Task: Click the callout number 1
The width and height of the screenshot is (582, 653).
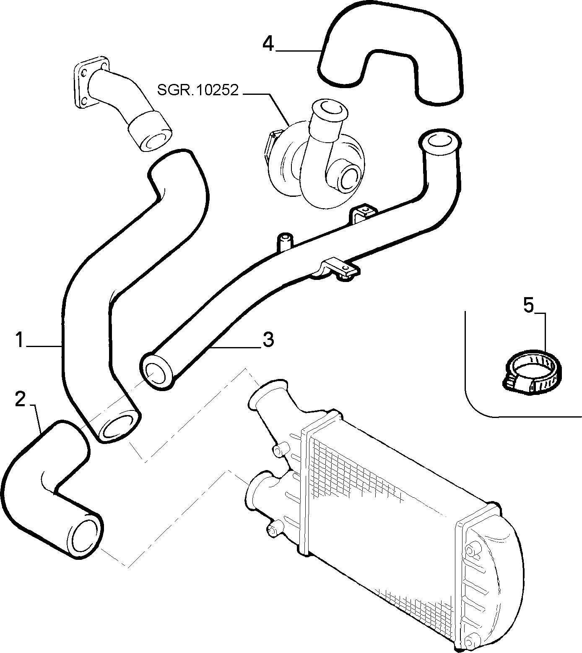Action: pyautogui.click(x=19, y=340)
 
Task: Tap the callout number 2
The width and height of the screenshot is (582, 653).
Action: pyautogui.click(x=20, y=399)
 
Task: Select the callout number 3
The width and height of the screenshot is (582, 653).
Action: pyautogui.click(x=268, y=340)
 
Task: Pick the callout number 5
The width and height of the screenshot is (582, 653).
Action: pyautogui.click(x=529, y=306)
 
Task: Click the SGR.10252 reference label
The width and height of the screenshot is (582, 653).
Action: pyautogui.click(x=198, y=90)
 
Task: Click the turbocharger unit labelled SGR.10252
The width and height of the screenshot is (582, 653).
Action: pyautogui.click(x=315, y=153)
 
